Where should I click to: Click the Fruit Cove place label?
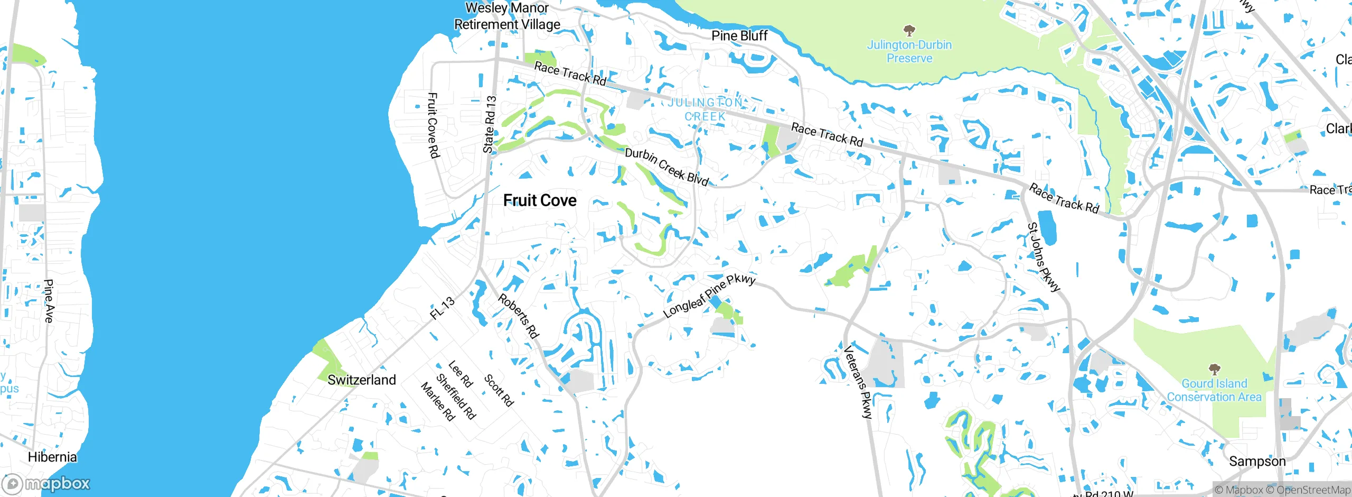click(x=539, y=200)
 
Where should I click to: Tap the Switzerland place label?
click(x=361, y=380)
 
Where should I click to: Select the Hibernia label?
click(x=52, y=457)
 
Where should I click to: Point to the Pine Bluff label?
click(x=739, y=35)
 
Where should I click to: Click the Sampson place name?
click(x=1257, y=461)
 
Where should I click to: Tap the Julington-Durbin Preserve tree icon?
click(x=909, y=30)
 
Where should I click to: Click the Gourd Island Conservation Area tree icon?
click(x=1214, y=369)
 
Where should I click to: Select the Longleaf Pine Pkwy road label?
click(x=709, y=296)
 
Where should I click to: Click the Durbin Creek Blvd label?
click(x=666, y=167)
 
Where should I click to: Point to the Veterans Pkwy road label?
click(x=858, y=382)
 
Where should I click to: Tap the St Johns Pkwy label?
click(x=1043, y=257)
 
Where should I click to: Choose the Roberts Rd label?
click(x=518, y=316)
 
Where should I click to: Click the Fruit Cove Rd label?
click(x=433, y=125)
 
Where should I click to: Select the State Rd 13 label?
click(x=490, y=124)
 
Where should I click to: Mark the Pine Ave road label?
click(x=49, y=301)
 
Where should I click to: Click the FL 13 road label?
click(x=442, y=308)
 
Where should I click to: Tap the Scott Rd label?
click(x=499, y=390)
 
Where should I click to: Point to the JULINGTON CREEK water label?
click(x=705, y=109)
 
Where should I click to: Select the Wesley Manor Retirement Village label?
click(x=507, y=16)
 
